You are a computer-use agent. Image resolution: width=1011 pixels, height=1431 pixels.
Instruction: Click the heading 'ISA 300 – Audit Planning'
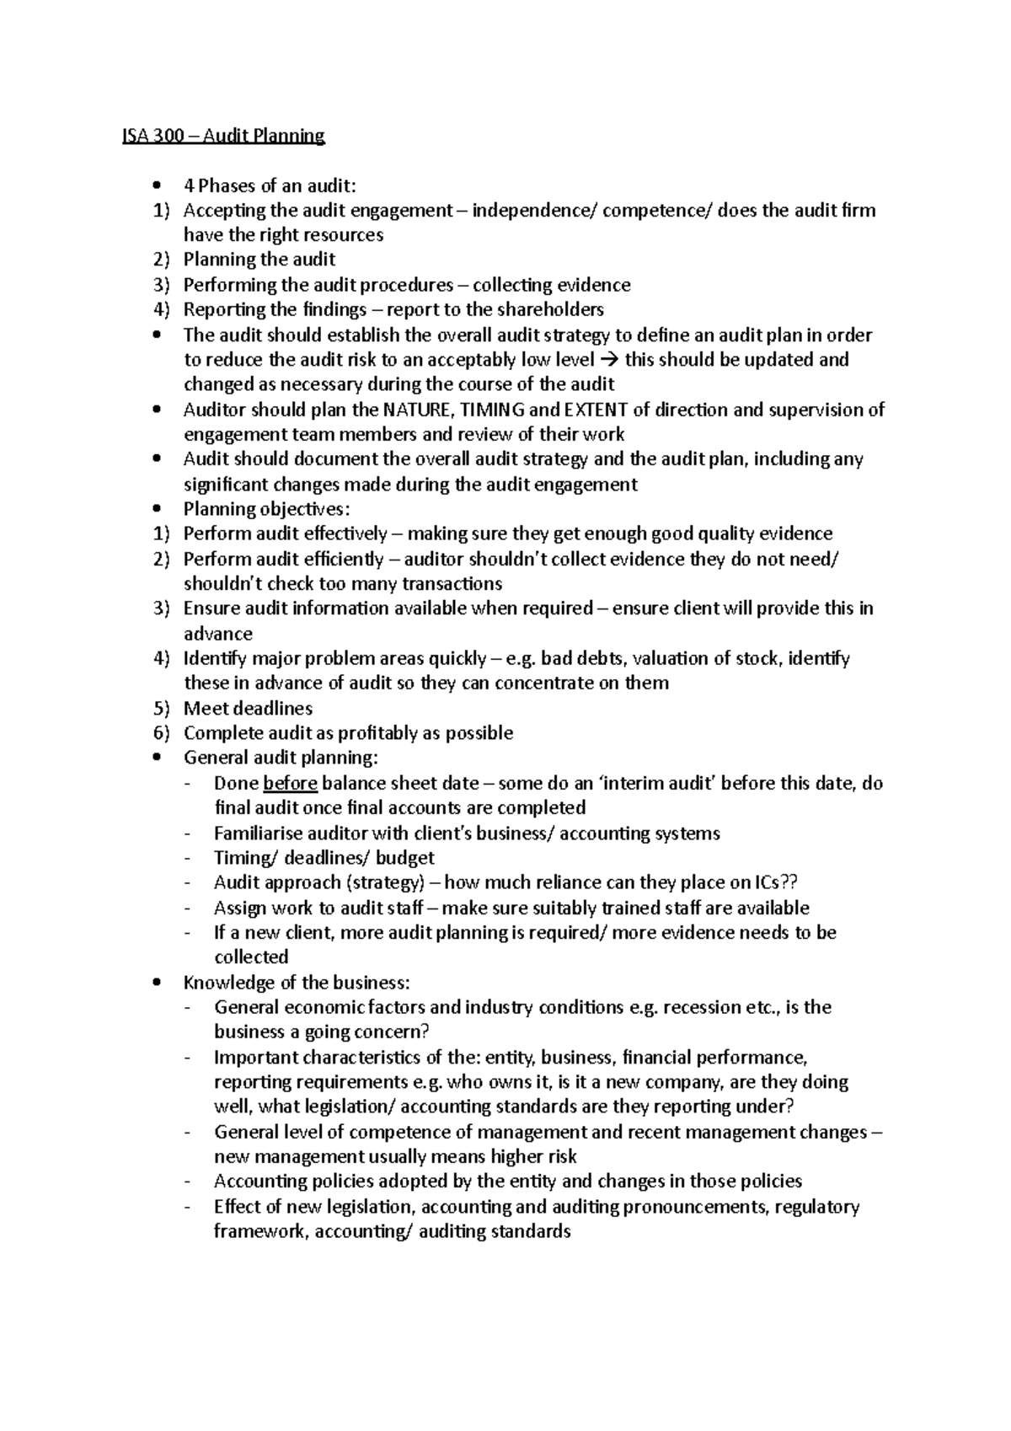pyautogui.click(x=223, y=136)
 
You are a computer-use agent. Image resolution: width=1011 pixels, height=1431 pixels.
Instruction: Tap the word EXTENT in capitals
pyautogui.click(x=595, y=410)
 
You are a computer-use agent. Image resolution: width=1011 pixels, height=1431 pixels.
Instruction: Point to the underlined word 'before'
pyautogui.click(x=290, y=784)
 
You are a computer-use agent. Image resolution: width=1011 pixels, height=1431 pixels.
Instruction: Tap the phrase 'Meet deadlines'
pyautogui.click(x=248, y=709)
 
